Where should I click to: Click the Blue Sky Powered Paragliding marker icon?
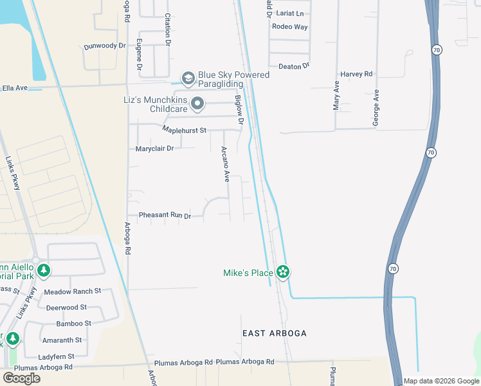tap(188, 79)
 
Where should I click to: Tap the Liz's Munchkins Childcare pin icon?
tap(198, 104)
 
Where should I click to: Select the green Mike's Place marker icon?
tap(282, 272)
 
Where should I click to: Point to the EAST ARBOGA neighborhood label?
tap(275, 333)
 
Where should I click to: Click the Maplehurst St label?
tap(184, 131)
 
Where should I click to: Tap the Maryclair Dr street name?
tap(155, 149)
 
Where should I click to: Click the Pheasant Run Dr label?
tap(165, 216)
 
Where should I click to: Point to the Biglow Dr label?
tap(239, 110)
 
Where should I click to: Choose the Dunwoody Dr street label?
tap(103, 46)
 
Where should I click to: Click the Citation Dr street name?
tap(167, 30)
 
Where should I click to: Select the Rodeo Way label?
tap(290, 27)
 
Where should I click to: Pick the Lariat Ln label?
tap(290, 13)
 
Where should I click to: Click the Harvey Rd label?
tap(357, 75)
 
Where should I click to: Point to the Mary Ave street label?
tap(336, 96)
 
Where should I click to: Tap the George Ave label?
tap(377, 107)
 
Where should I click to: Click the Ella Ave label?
tap(15, 87)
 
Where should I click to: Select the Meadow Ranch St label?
tap(73, 291)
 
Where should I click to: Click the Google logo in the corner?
tap(21, 378)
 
